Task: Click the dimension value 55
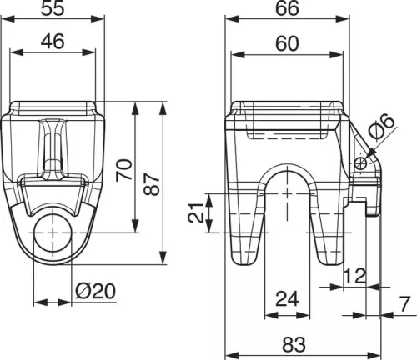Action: pos(53,8)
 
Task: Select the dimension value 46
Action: pos(53,41)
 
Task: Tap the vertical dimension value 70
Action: pos(124,170)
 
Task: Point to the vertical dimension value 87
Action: pos(153,184)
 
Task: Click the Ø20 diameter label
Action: pos(95,291)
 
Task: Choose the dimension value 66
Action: pos(287,8)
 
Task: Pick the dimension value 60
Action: pos(287,43)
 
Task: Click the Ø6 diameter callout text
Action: pos(383,127)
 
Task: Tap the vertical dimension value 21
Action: pos(196,213)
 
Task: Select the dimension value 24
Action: pos(287,298)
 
